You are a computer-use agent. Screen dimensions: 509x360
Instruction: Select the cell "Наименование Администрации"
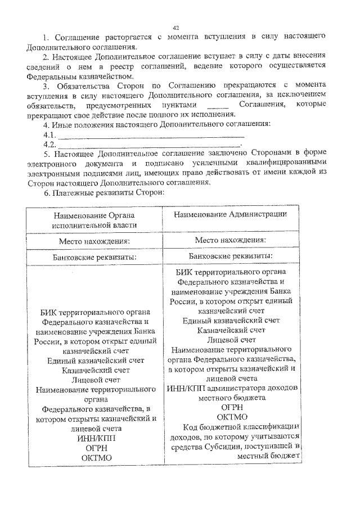click(231, 214)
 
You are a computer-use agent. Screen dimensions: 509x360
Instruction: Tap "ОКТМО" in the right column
click(232, 417)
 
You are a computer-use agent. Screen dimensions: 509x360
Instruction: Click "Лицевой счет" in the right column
click(232, 340)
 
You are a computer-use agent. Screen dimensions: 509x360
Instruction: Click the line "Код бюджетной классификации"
click(240, 426)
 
